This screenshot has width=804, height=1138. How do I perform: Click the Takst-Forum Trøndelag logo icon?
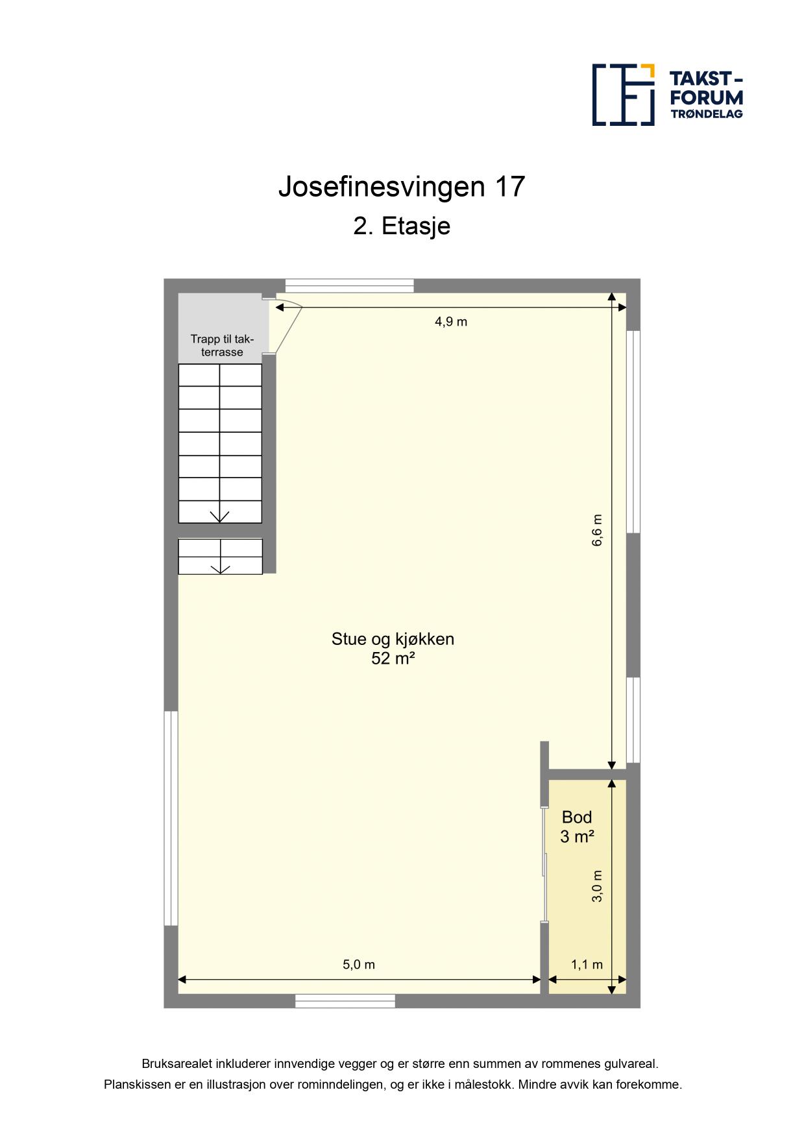623,95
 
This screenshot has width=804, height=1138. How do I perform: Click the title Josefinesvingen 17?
401,187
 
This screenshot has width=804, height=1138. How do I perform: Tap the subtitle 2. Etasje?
402,226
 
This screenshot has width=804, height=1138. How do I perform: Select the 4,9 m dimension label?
451,321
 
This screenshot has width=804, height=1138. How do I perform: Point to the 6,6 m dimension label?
597,530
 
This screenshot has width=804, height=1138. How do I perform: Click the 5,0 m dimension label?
359,964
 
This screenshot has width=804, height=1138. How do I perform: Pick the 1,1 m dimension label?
587,964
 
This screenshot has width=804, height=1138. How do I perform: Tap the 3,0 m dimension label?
598,886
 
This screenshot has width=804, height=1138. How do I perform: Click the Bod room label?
577,817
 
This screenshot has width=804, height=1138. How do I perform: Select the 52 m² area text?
393,659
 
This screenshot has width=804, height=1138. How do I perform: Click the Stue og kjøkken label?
393,639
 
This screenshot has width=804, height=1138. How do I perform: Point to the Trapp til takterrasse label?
222,346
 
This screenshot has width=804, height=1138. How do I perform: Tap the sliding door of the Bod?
544,864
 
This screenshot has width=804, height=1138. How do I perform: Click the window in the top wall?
350,285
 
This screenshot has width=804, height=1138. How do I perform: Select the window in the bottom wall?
345,1001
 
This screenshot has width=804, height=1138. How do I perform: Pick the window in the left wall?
171,818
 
